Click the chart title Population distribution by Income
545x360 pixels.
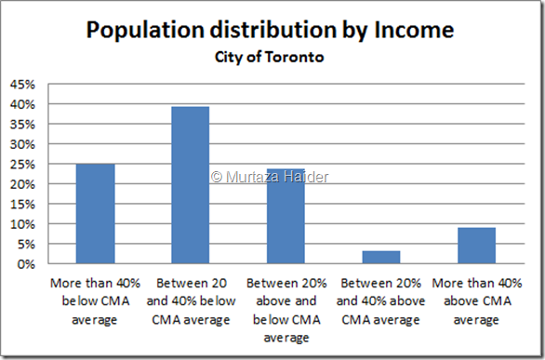(270, 30)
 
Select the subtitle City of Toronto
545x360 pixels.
(270, 55)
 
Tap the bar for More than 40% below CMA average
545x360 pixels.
(95, 214)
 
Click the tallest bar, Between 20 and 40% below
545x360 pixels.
(189, 185)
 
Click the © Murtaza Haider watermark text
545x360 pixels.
(270, 176)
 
